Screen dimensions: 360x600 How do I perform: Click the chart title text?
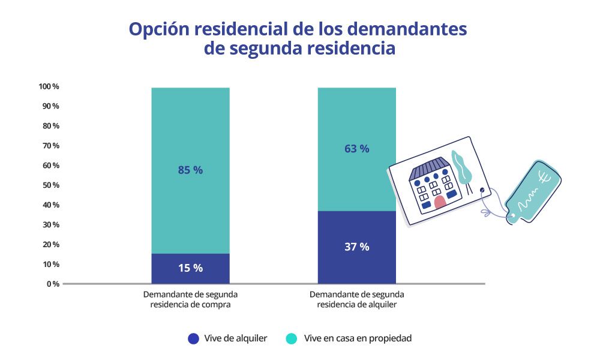pyautogui.click(x=298, y=38)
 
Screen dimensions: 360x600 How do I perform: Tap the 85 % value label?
pyautogui.click(x=190, y=170)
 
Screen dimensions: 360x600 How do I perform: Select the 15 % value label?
pyautogui.click(x=190, y=268)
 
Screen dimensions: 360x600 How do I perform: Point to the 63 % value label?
pyautogui.click(x=356, y=148)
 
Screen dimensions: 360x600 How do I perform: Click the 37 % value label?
pyautogui.click(x=356, y=247)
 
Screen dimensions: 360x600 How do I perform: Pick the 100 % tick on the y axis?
pyautogui.click(x=49, y=86)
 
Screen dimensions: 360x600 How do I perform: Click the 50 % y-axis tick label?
pyautogui.click(x=50, y=185)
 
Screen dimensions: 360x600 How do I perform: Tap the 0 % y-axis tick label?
pyautogui.click(x=53, y=284)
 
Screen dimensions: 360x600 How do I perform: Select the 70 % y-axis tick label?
pyautogui.click(x=50, y=146)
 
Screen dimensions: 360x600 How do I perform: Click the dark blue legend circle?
pyautogui.click(x=193, y=338)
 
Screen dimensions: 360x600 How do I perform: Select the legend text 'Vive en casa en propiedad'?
pyautogui.click(x=358, y=338)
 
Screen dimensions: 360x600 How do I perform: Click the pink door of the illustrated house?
pyautogui.click(x=440, y=202)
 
